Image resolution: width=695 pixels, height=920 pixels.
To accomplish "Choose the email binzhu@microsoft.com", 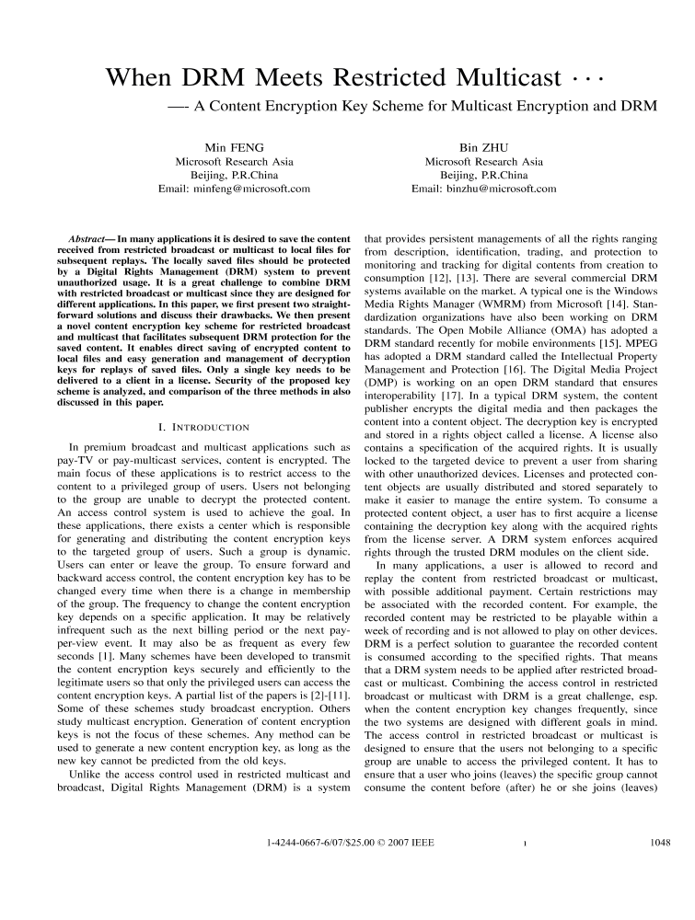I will tap(484, 189).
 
